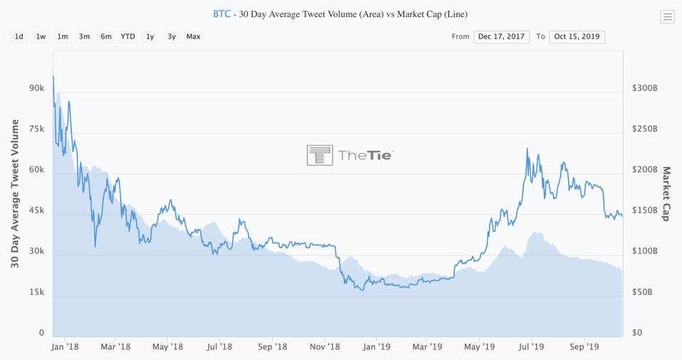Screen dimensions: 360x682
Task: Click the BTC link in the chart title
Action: [221, 14]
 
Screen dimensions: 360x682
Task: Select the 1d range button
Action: [19, 36]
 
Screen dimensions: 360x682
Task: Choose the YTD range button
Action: [127, 36]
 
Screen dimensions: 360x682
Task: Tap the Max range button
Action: [193, 36]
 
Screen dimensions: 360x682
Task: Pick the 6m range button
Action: [106, 36]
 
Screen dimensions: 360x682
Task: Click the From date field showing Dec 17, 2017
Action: [501, 36]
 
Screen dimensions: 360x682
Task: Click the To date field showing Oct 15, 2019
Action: [577, 36]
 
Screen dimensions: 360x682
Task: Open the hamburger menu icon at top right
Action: [667, 17]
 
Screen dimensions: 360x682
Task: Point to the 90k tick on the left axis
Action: [36, 89]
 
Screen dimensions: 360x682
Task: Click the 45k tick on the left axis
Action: [36, 211]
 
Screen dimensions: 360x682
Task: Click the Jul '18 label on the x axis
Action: [219, 347]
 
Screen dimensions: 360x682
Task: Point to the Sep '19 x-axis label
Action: [584, 347]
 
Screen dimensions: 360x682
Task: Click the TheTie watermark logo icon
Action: [320, 155]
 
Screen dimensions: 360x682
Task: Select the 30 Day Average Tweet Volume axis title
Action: [15, 194]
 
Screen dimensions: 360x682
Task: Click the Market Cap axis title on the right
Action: [667, 194]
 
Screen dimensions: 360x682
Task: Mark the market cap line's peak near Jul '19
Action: [527, 149]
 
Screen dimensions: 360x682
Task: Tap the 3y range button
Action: [172, 36]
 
